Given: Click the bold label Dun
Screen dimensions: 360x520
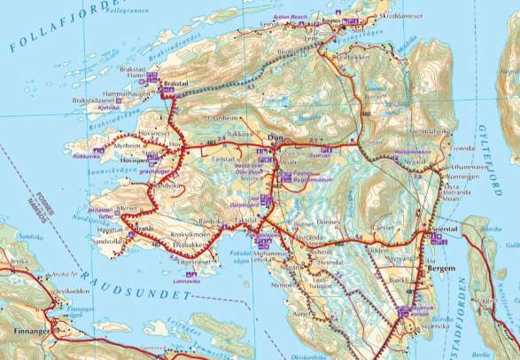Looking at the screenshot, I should pyautogui.click(x=275, y=138).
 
